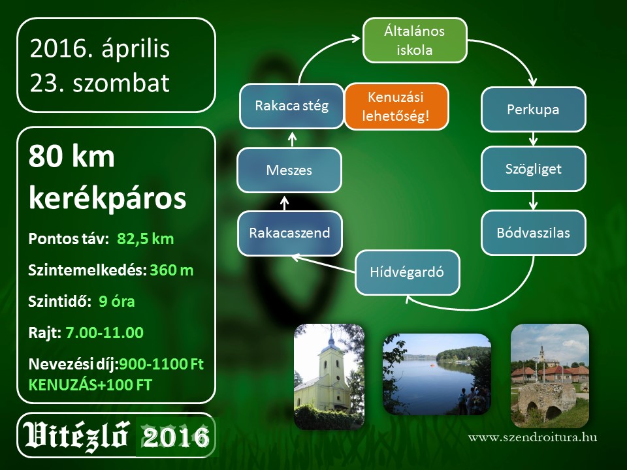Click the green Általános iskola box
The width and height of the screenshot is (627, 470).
pyautogui.click(x=415, y=40)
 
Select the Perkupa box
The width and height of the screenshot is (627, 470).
pyautogui.click(x=533, y=110)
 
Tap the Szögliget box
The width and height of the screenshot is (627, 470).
pyautogui.click(x=533, y=169)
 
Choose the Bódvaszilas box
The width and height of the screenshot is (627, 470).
pyautogui.click(x=533, y=232)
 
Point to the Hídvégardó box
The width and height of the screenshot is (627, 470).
pyautogui.click(x=407, y=272)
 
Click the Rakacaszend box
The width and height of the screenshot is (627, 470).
pyautogui.click(x=289, y=233)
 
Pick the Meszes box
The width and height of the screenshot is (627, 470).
pyautogui.click(x=289, y=170)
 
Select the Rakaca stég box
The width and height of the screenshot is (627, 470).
pyautogui.click(x=291, y=106)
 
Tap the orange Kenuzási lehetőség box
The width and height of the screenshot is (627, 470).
pyautogui.click(x=396, y=106)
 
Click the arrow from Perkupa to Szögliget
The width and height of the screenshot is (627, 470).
pyautogui.click(x=533, y=139)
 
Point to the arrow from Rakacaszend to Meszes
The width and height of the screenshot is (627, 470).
pyautogui.click(x=284, y=202)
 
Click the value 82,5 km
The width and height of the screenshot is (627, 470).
pyautogui.click(x=146, y=239)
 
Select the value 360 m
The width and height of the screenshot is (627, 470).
pyautogui.click(x=172, y=270)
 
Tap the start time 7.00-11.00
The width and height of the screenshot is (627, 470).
pyautogui.click(x=104, y=332)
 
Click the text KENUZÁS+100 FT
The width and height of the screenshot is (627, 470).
pyautogui.click(x=90, y=385)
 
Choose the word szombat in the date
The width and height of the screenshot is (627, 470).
pyautogui.click(x=121, y=83)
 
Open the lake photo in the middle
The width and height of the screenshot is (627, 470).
pyautogui.click(x=437, y=374)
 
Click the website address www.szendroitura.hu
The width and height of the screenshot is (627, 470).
pyautogui.click(x=533, y=437)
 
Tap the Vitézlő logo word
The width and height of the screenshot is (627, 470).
pyautogui.click(x=76, y=435)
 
